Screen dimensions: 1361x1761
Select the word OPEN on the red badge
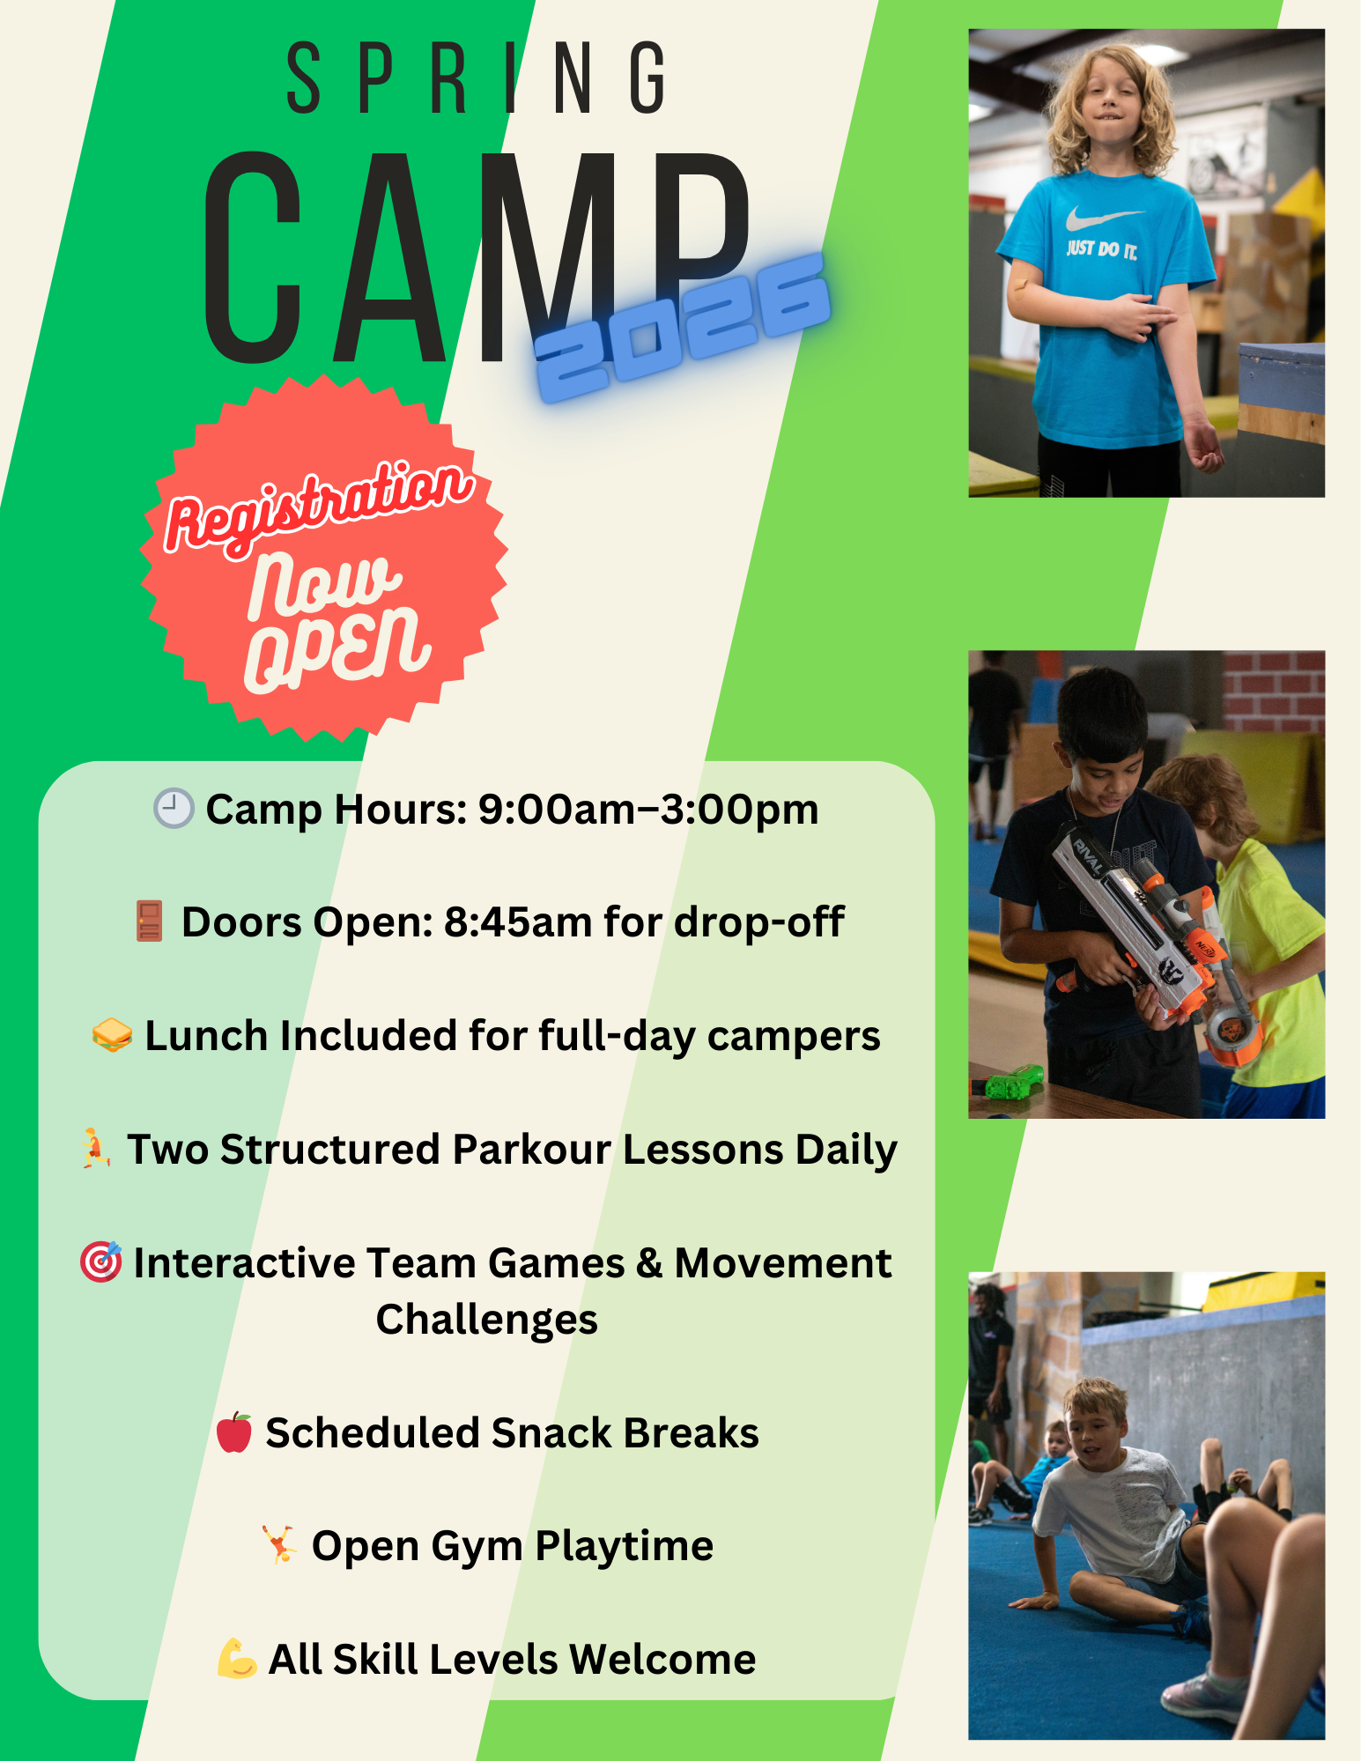[337, 647]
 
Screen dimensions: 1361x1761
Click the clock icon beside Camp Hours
[174, 808]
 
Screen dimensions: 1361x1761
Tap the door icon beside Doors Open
[149, 921]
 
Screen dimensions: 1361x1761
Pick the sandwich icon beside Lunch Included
[112, 1034]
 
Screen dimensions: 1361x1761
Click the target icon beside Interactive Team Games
[101, 1262]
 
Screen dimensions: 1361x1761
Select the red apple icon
[234, 1432]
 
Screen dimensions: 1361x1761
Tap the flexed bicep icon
[237, 1658]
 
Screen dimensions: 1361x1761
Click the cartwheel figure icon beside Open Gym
[279, 1544]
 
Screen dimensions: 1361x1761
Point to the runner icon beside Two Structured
[96, 1148]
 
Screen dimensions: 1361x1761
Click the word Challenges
[487, 1320]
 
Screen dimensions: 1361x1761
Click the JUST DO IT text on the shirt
[1102, 249]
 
